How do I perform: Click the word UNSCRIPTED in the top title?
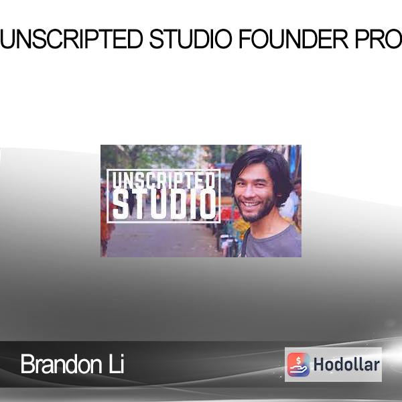pos(72,39)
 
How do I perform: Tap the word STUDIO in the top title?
pos(191,39)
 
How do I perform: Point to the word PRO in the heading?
pos(379,39)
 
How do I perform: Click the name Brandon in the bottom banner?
pos(62,364)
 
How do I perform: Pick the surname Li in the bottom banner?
pos(117,364)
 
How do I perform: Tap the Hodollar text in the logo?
pos(346,364)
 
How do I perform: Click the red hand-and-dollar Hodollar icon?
pos(298,364)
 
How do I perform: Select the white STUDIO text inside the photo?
pos(164,204)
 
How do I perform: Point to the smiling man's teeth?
pos(251,204)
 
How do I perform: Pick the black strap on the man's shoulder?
pos(245,243)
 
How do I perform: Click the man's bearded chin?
pos(253,216)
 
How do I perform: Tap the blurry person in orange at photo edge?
pos(105,220)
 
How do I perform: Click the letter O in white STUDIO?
pos(208,204)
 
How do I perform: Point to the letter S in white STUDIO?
pos(120,205)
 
